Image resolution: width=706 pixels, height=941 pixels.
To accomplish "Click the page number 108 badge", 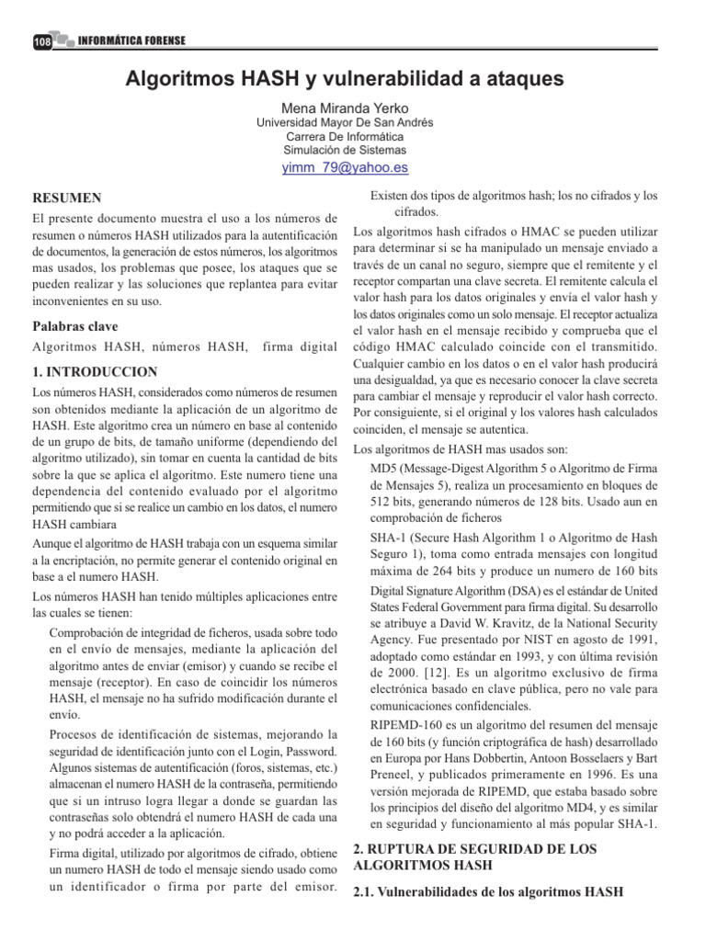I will [41, 42].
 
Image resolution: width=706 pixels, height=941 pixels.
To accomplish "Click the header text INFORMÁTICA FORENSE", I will [132, 41].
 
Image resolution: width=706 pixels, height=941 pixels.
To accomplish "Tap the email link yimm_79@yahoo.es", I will [345, 168].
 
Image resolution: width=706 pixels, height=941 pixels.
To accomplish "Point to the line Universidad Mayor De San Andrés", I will [345, 122].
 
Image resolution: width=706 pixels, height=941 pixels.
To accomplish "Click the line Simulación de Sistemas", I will [345, 150].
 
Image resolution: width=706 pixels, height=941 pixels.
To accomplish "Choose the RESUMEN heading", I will [67, 198].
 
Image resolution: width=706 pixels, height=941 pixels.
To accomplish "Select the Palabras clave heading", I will [75, 326].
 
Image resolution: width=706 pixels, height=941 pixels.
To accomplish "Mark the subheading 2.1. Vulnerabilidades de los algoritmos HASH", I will [488, 891].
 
